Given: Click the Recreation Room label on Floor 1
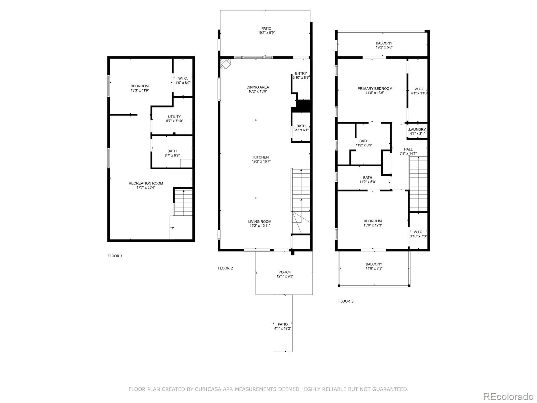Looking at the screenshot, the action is click(x=146, y=183).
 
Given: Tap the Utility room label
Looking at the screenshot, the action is click(x=174, y=117).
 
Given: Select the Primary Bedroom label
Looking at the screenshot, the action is click(x=375, y=89).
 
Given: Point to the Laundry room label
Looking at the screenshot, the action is click(x=417, y=129).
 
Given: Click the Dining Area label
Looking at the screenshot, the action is click(x=258, y=87).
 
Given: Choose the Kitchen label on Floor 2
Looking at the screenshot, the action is click(x=261, y=157).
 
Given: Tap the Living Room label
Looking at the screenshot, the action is click(x=259, y=221).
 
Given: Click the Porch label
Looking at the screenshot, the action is click(x=285, y=272).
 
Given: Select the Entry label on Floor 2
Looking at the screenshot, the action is click(x=301, y=74).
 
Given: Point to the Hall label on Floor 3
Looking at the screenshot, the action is click(x=408, y=149).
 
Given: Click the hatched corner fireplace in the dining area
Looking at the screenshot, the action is click(x=225, y=63).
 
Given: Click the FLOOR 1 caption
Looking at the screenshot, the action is click(x=115, y=256).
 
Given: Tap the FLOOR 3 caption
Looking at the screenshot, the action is click(x=346, y=301).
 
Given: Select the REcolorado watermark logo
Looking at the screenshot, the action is click(x=508, y=396).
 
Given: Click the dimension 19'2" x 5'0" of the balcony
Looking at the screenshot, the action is click(x=384, y=47).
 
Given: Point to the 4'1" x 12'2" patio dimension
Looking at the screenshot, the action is click(x=283, y=328).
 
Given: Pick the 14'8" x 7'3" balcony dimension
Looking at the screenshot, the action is click(x=374, y=268).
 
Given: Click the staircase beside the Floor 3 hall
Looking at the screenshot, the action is click(x=418, y=184).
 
